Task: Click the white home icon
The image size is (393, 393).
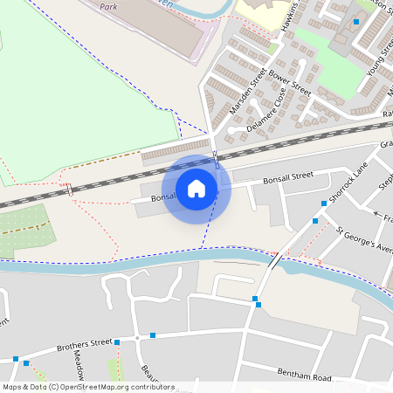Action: (x=196, y=188)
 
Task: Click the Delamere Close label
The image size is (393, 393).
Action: (x=266, y=113)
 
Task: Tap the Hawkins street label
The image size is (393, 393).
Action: (x=290, y=16)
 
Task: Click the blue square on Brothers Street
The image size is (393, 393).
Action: (x=153, y=334)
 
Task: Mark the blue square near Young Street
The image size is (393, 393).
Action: (x=356, y=21)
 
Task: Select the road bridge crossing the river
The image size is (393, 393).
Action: (x=274, y=261)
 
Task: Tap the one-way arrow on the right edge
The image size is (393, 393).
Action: (x=378, y=214)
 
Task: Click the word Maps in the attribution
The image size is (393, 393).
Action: (x=12, y=387)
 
